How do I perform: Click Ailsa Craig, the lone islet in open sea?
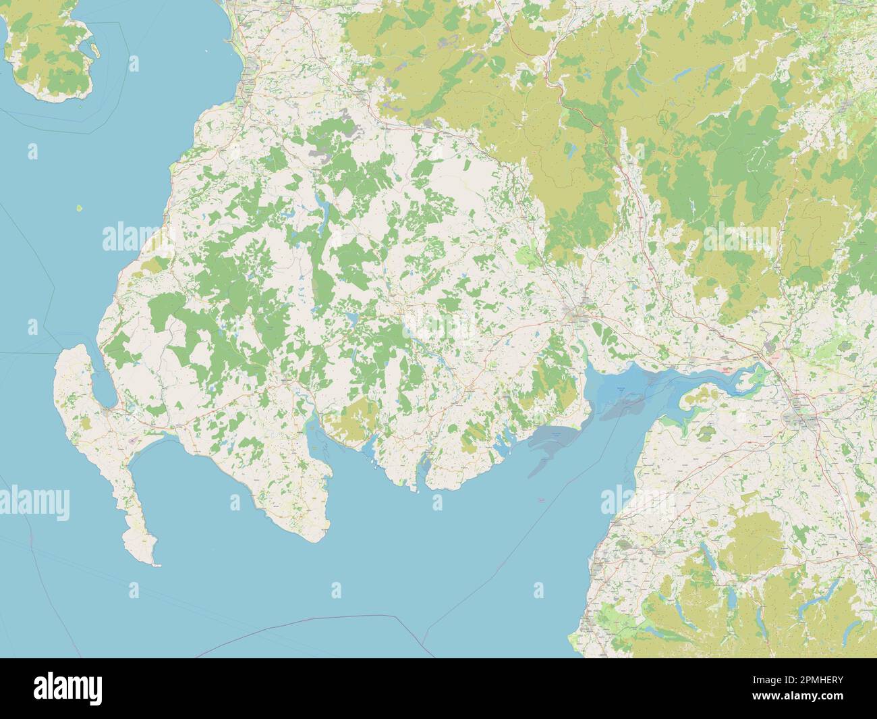coord(80,207)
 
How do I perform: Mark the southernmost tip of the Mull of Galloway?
coord(155,564)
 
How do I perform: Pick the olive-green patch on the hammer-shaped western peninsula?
coord(86,424)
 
